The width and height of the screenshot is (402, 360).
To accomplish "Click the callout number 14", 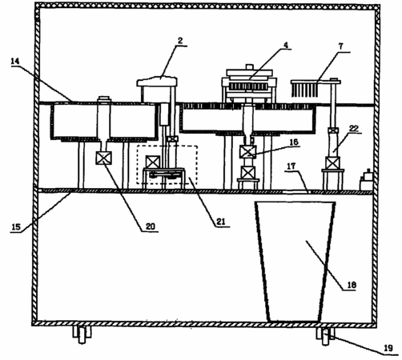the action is pyautogui.click(x=15, y=62).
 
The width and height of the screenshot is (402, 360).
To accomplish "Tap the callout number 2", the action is pyautogui.click(x=180, y=41).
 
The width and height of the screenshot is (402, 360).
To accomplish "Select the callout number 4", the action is pyautogui.click(x=286, y=45).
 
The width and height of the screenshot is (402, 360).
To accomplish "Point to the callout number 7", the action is pyautogui.click(x=340, y=46).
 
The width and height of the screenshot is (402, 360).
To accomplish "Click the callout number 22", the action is pyautogui.click(x=354, y=129).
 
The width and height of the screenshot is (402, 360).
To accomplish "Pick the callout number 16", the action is pyautogui.click(x=294, y=142).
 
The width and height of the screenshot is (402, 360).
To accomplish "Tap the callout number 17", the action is pyautogui.click(x=291, y=166).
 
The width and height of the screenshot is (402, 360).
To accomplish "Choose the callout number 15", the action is pyautogui.click(x=16, y=227).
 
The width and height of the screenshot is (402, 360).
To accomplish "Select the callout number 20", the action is pyautogui.click(x=151, y=226).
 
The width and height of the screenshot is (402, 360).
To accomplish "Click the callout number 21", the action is pyautogui.click(x=221, y=222).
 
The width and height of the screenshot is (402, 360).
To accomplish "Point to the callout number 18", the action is pyautogui.click(x=352, y=285).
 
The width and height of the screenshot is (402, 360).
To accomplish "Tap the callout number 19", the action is pyautogui.click(x=388, y=348).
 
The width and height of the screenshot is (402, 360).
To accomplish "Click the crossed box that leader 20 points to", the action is pyautogui.click(x=104, y=158).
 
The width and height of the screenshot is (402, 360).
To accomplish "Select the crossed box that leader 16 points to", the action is pyautogui.click(x=248, y=152).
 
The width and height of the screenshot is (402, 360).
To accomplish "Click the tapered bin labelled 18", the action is pyautogui.click(x=295, y=262).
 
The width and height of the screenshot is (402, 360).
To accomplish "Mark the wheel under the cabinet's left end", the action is pyautogui.click(x=82, y=334).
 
